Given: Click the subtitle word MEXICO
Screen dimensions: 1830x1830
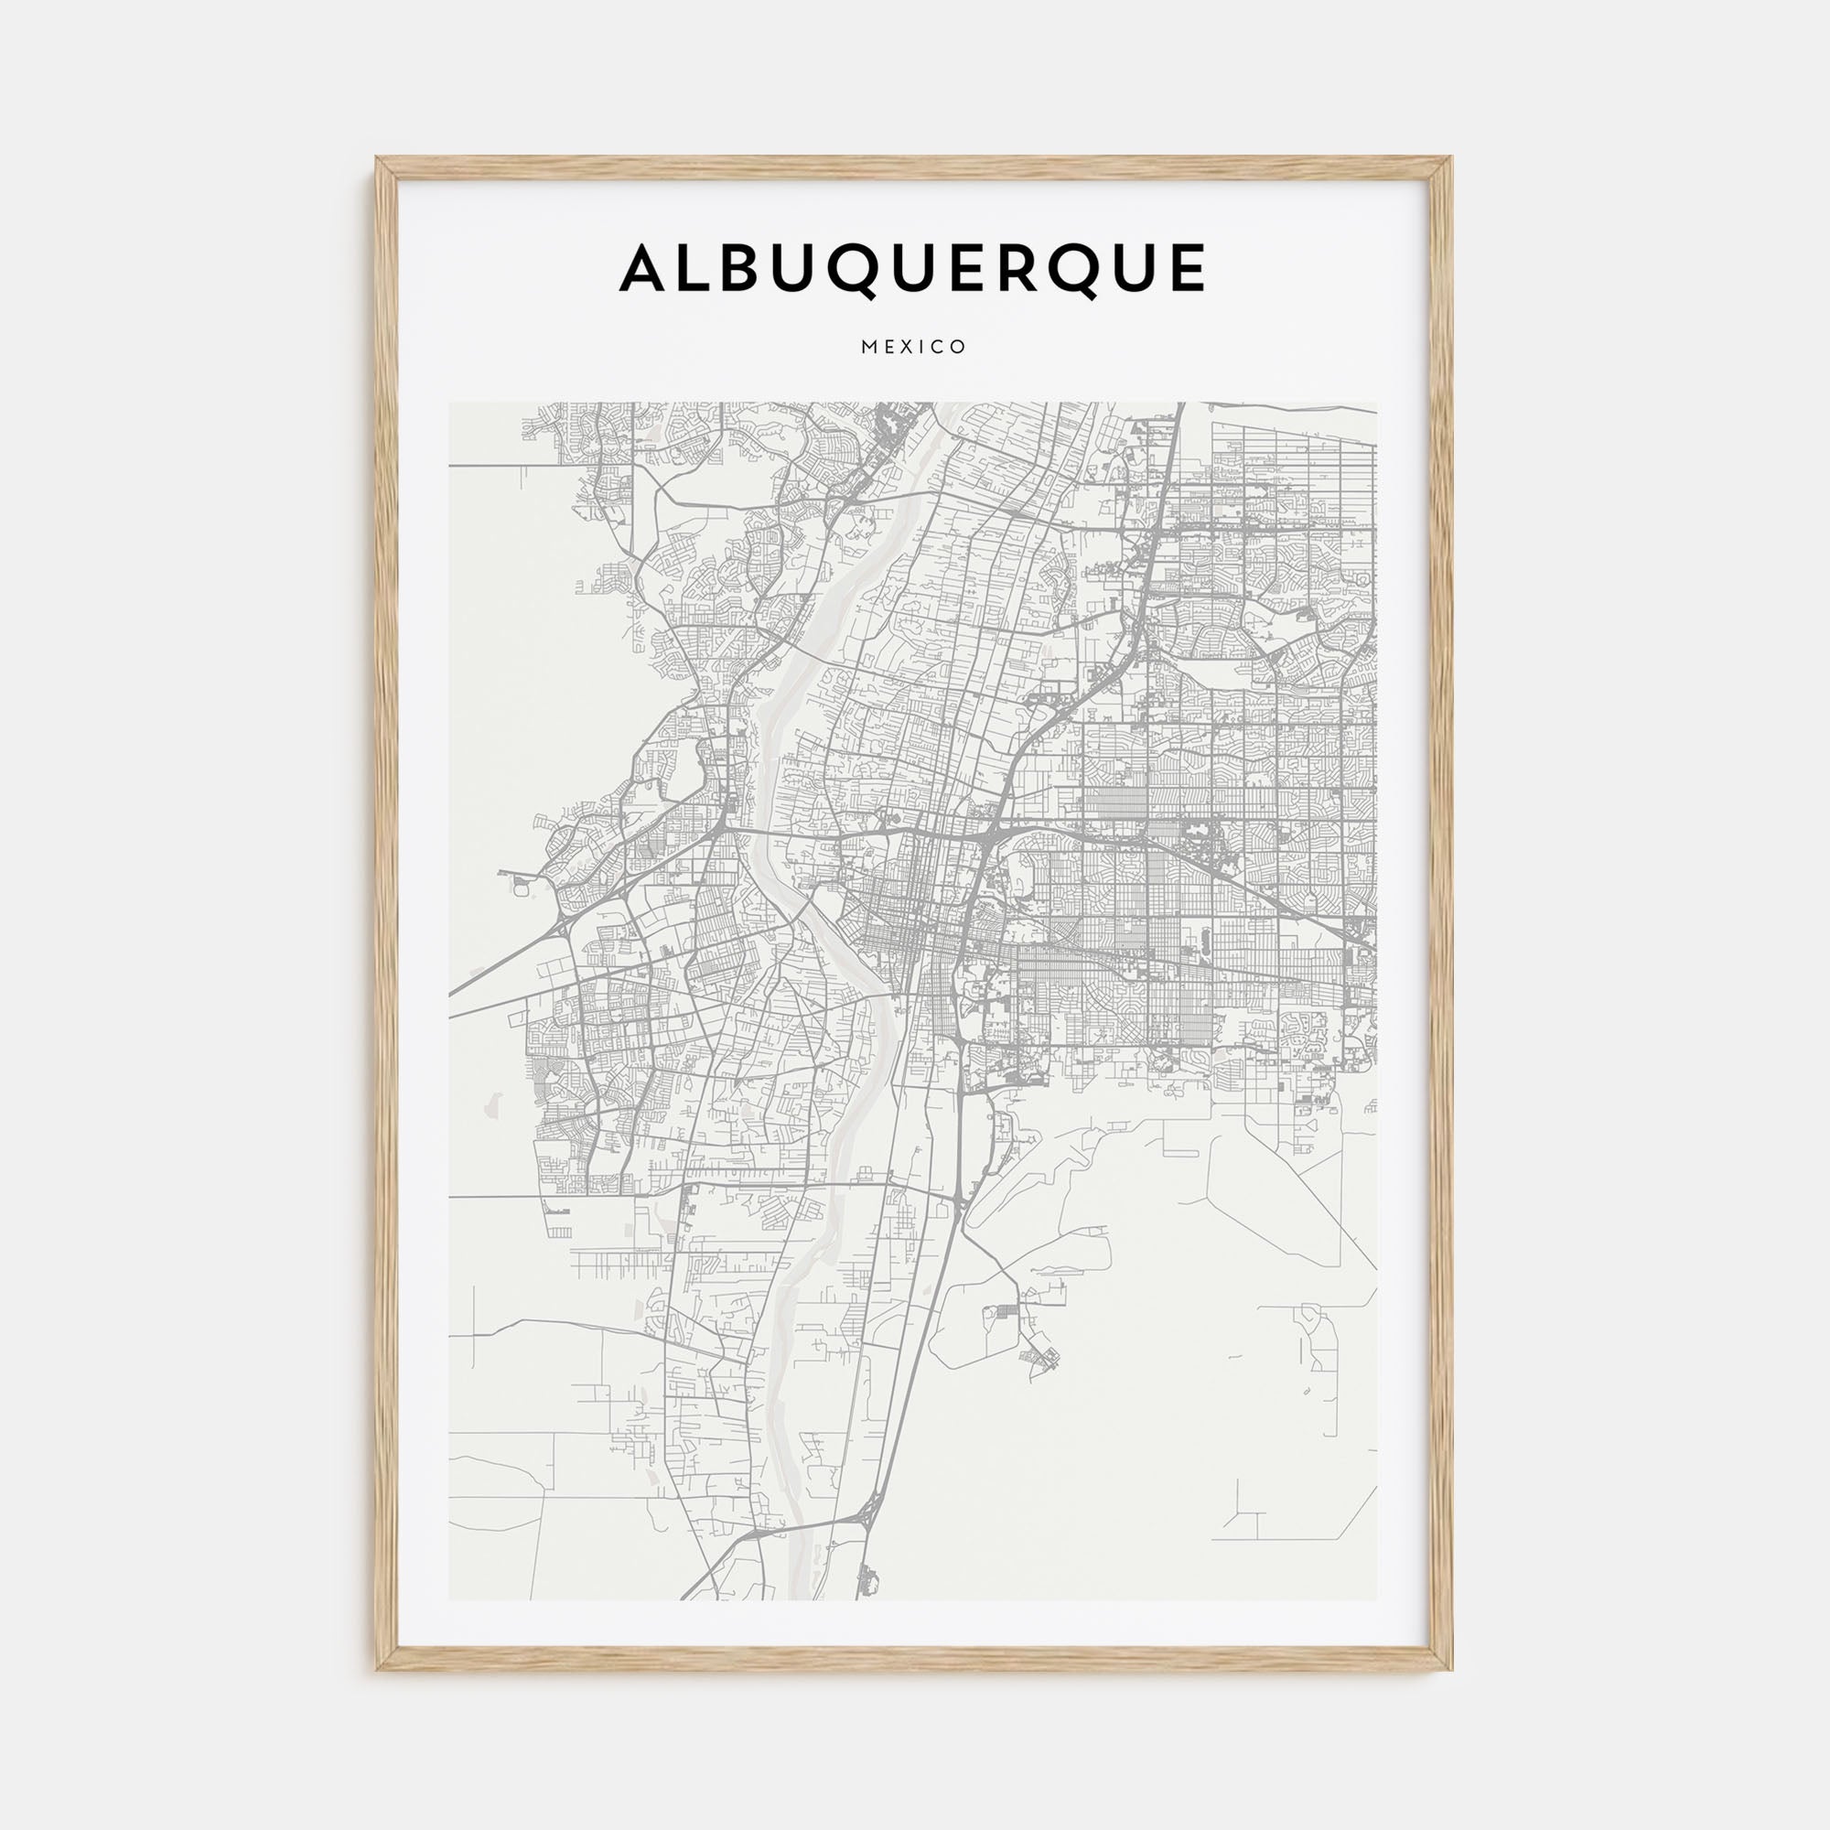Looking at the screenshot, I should [914, 348].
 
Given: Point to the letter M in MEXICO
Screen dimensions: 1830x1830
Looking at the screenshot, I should [867, 348].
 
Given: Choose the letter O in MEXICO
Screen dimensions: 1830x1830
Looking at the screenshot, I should [960, 348].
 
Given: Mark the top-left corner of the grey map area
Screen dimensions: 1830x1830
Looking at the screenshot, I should [450, 404].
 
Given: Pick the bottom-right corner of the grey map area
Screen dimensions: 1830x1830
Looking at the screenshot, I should [1376, 1599].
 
